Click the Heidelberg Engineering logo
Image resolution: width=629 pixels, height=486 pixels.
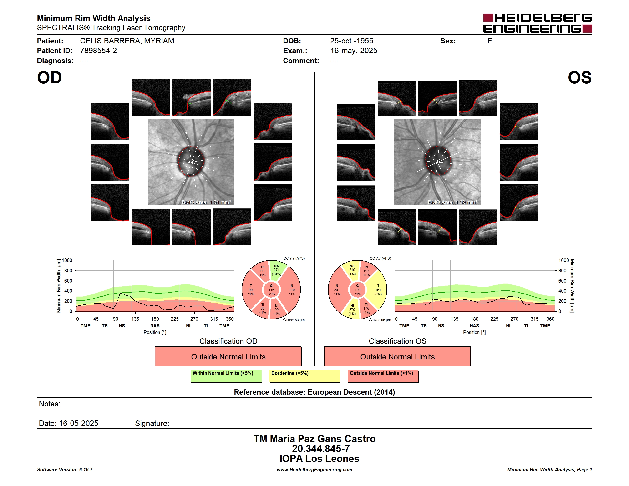point(538,23)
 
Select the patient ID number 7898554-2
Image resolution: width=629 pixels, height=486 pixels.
point(98,51)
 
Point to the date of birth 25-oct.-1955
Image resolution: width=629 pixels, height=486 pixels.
point(351,41)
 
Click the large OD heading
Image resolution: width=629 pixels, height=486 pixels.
point(49,78)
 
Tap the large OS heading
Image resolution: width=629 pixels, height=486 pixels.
point(579,78)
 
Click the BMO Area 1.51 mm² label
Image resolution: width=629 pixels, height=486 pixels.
point(206,202)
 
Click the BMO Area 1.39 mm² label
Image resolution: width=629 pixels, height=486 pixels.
point(452,202)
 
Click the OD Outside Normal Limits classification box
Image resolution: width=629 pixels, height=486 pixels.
point(228,356)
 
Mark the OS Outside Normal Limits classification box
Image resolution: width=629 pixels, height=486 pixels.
point(397,356)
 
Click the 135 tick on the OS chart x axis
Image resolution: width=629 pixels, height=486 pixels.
point(454,319)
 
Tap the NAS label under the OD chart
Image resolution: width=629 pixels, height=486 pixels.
point(155,326)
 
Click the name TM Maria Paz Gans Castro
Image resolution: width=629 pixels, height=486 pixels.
point(314,439)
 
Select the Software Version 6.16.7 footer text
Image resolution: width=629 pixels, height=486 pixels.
point(65,470)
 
